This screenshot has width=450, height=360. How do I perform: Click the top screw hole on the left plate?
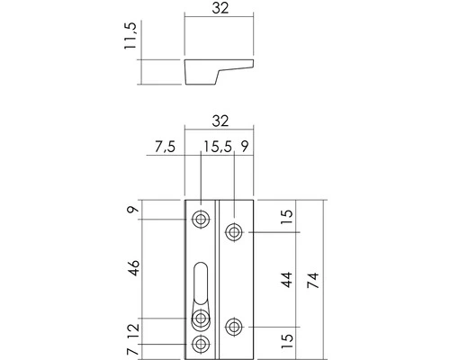pos(202,218)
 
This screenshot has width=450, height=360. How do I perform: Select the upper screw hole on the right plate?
pos(234,231)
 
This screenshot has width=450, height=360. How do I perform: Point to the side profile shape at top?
pos(216,69)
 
